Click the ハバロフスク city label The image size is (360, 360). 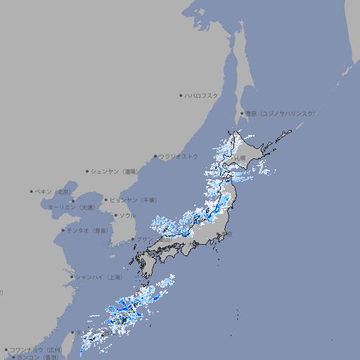coord(202,96)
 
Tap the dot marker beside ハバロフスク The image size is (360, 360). coord(181,96)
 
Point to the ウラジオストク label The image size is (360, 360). coord(179,156)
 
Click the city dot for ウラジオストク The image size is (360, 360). coord(155,157)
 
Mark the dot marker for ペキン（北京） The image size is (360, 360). coord(32,191)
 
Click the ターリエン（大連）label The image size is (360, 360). coord(70,207)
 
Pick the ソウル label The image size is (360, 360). coord(127,215)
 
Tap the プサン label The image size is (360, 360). coord(143,239)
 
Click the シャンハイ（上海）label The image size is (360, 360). coord(98,277)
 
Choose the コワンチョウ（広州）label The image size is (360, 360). coord(36,349)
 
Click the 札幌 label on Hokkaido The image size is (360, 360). coord(241,158)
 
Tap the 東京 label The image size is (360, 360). coord(227,235)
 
